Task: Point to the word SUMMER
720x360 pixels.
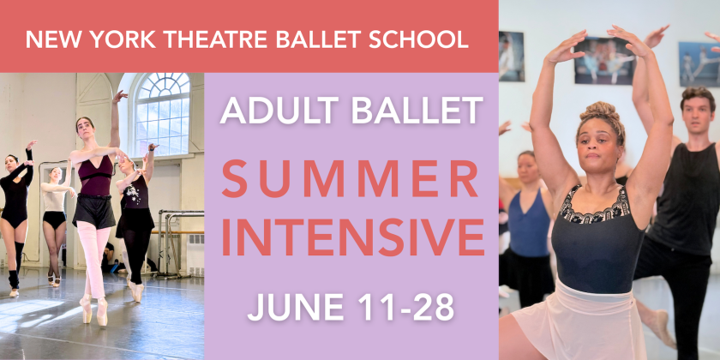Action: [351, 183]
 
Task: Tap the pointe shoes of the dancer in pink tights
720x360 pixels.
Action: [94, 312]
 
